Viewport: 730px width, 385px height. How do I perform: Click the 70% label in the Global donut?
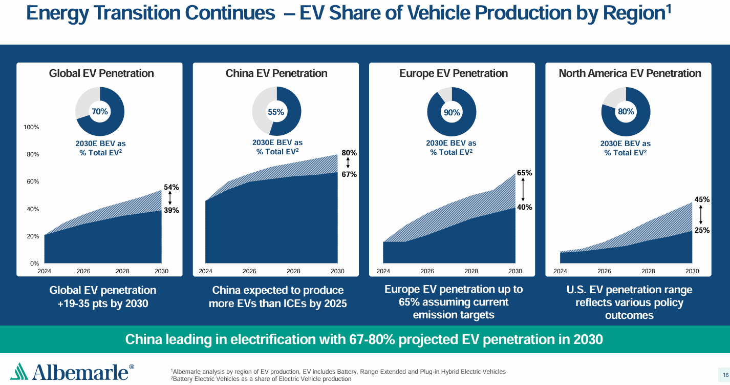(x=99, y=111)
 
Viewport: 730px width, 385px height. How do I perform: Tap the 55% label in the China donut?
(x=276, y=112)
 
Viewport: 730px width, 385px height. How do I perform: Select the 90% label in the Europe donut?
(x=452, y=112)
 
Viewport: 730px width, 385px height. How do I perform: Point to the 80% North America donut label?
(x=626, y=111)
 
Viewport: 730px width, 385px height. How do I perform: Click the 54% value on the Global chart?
(x=171, y=187)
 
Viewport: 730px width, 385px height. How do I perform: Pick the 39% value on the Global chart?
(x=171, y=210)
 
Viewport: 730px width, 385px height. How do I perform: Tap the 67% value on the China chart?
(x=349, y=174)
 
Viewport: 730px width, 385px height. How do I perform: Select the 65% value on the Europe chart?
(x=524, y=173)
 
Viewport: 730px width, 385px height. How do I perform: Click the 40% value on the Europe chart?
(x=524, y=207)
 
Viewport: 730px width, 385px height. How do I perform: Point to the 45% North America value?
(x=702, y=199)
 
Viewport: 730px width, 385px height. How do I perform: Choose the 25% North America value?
(x=702, y=230)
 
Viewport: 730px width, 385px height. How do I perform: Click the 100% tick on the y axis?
(x=31, y=127)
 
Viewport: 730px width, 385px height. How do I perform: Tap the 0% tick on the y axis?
(x=34, y=264)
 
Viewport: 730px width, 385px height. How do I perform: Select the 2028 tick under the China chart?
(x=293, y=271)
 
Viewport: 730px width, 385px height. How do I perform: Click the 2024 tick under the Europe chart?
(x=383, y=271)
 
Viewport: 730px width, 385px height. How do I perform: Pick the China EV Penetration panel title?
(x=276, y=73)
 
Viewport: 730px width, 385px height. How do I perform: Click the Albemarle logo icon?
(x=19, y=371)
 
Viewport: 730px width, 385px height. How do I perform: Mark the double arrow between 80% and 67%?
(x=348, y=164)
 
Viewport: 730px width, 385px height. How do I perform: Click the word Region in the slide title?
(x=634, y=13)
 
